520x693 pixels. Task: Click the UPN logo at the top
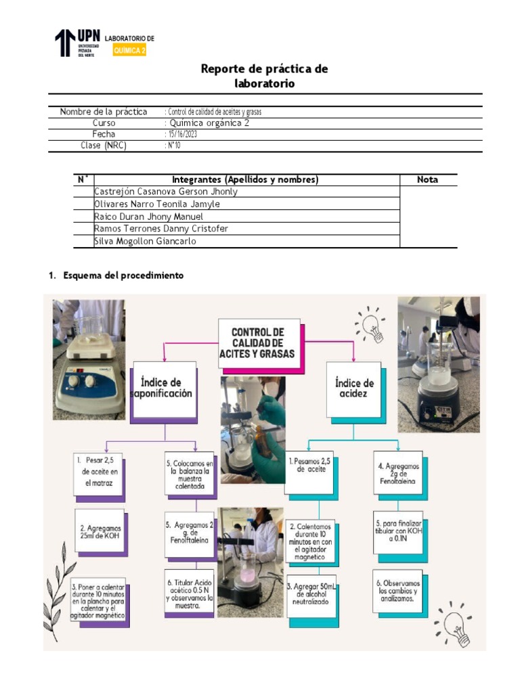[77, 43]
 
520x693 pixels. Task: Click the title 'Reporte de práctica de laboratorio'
[264, 76]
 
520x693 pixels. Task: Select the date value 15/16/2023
[182, 135]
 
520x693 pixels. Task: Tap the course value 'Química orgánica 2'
[211, 123]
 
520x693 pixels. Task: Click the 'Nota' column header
[427, 179]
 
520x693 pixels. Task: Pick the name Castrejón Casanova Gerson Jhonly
[166, 192]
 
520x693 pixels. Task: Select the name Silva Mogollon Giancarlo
[145, 241]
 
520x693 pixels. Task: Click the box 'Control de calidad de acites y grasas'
[257, 342]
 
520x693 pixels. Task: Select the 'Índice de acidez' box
[354, 388]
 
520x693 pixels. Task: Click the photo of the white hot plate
[89, 359]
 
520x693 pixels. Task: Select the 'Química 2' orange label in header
[129, 51]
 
